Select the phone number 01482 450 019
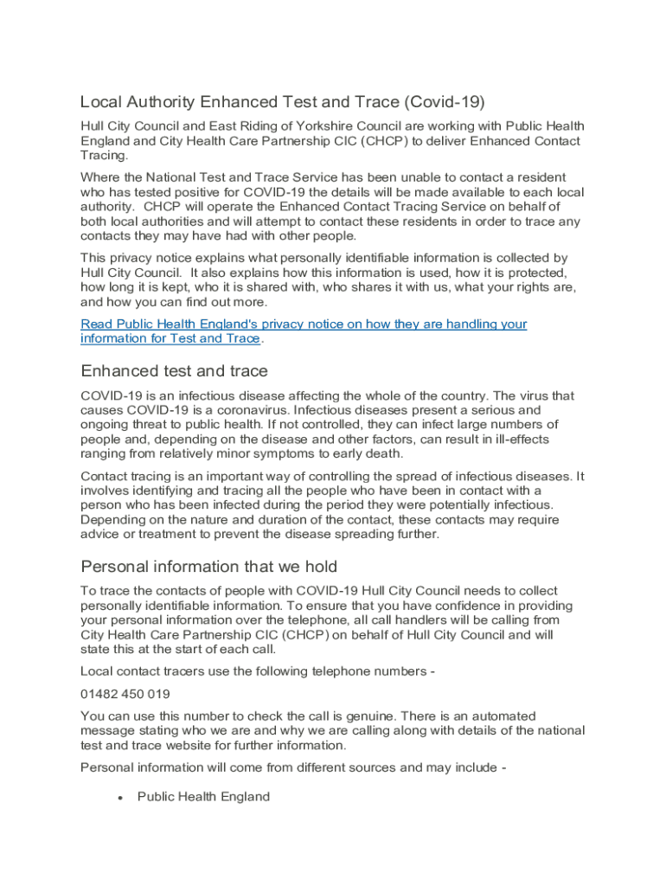[125, 694]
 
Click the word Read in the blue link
[97, 324]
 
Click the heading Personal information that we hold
[208, 567]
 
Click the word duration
[262, 520]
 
